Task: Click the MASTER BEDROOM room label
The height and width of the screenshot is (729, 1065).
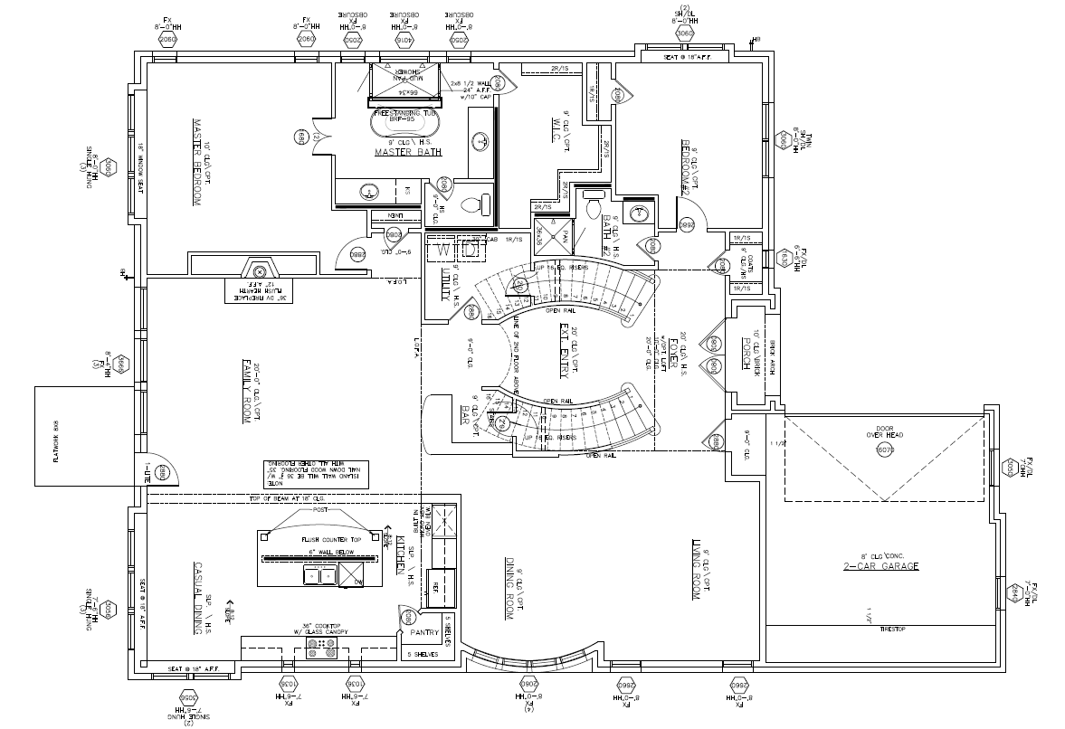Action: pyautogui.click(x=195, y=162)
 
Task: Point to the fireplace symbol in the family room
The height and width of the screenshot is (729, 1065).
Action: pyautogui.click(x=260, y=270)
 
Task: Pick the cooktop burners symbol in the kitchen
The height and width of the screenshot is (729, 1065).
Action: pyautogui.click(x=323, y=648)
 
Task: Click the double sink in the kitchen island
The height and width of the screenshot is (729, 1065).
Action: pyautogui.click(x=321, y=574)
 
